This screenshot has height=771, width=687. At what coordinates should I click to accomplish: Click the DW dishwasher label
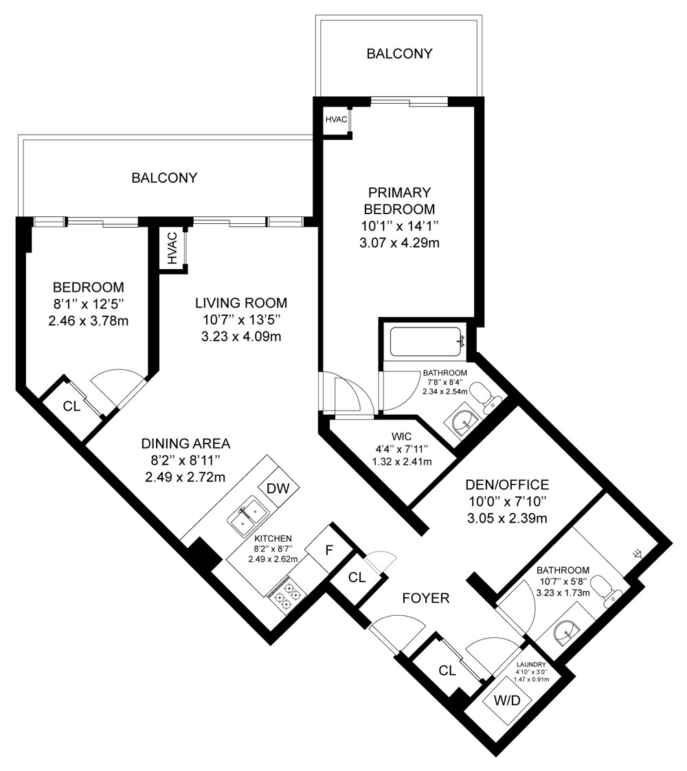point(278,488)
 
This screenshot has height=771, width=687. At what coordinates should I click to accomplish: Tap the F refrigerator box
point(329,549)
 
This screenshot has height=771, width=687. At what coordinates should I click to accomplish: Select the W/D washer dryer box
point(508,700)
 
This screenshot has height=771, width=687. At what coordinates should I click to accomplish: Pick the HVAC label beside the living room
point(172,249)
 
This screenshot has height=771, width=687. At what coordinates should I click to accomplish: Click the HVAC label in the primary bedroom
point(336,119)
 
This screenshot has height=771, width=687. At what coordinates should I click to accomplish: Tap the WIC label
point(402,436)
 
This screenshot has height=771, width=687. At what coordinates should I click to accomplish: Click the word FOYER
point(426,598)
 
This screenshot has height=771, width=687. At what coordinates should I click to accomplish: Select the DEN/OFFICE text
point(507,485)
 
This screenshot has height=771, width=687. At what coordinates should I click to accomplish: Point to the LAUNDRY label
point(531,665)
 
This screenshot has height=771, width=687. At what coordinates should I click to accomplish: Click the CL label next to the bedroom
point(72,406)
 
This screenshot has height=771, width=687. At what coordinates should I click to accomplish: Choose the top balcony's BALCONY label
point(399,53)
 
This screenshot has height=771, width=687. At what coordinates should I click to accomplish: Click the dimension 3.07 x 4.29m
point(399,242)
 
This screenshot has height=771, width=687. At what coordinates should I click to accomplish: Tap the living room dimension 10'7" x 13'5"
point(241,320)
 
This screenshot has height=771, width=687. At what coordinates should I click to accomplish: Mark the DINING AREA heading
point(185,444)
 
